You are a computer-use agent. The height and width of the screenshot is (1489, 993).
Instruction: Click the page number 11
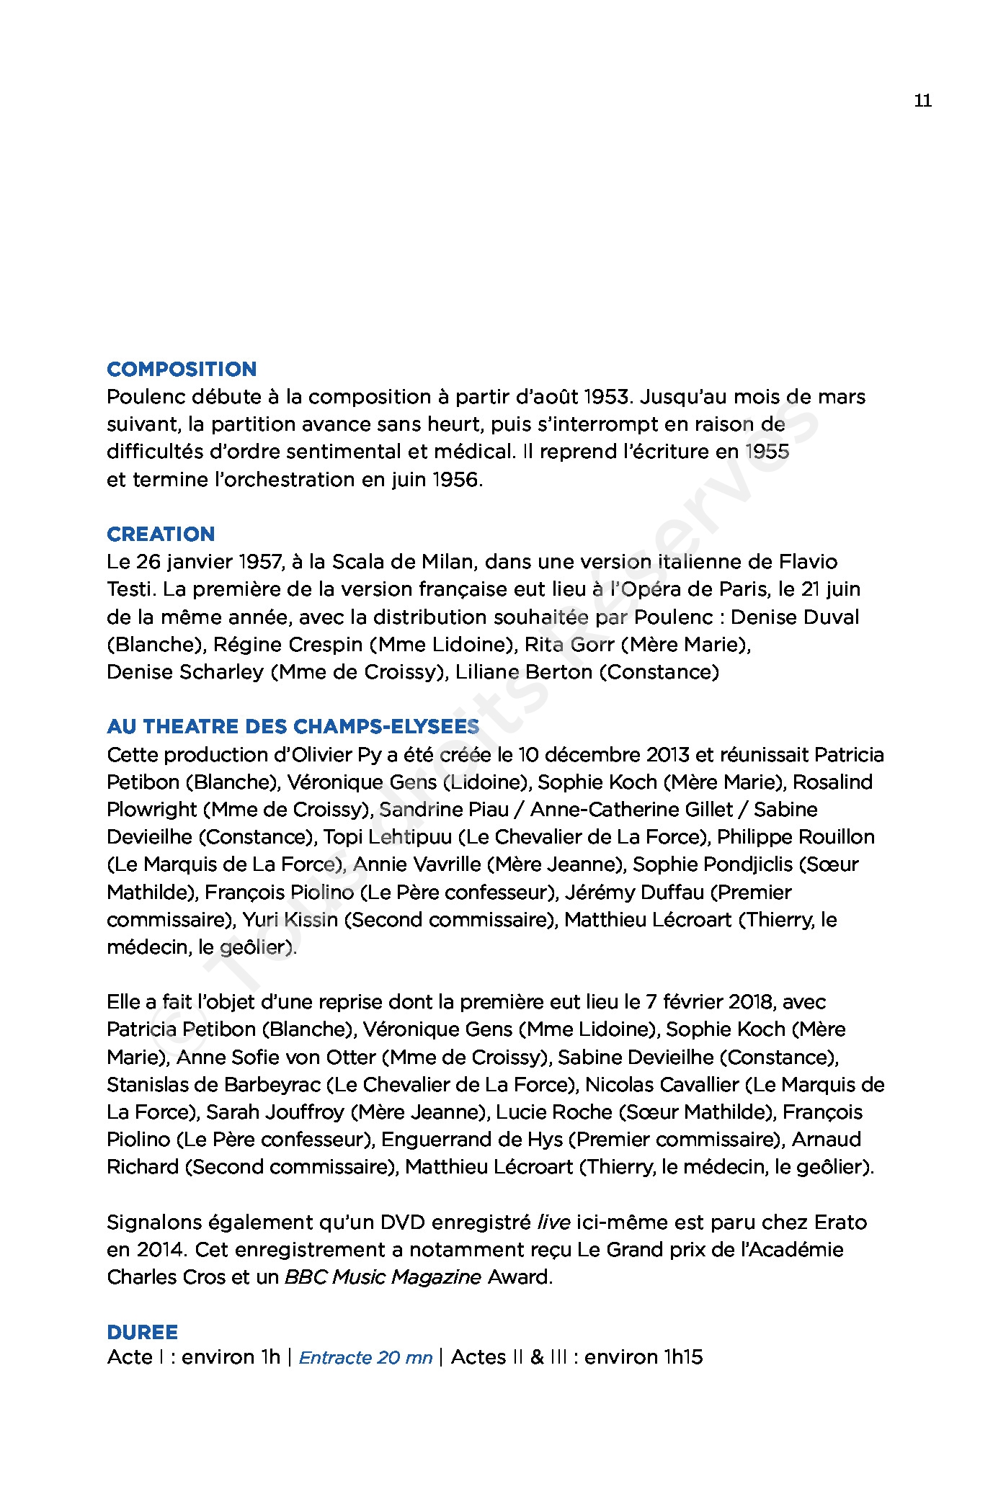click(x=922, y=101)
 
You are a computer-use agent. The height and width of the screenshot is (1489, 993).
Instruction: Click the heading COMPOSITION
click(x=181, y=370)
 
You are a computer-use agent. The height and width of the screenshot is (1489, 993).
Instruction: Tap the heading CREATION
click(x=161, y=535)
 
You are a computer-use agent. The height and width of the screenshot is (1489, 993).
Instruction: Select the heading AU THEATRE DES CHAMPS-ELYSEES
click(x=293, y=727)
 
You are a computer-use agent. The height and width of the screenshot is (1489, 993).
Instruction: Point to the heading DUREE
click(x=142, y=1332)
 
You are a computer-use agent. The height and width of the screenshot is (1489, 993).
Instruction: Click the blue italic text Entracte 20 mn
click(x=365, y=1358)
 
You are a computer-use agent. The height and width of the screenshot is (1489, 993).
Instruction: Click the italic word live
click(x=554, y=1222)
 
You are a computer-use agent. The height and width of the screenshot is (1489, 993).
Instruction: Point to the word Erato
click(x=840, y=1222)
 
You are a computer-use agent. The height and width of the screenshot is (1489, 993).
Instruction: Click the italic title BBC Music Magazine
click(x=383, y=1277)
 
